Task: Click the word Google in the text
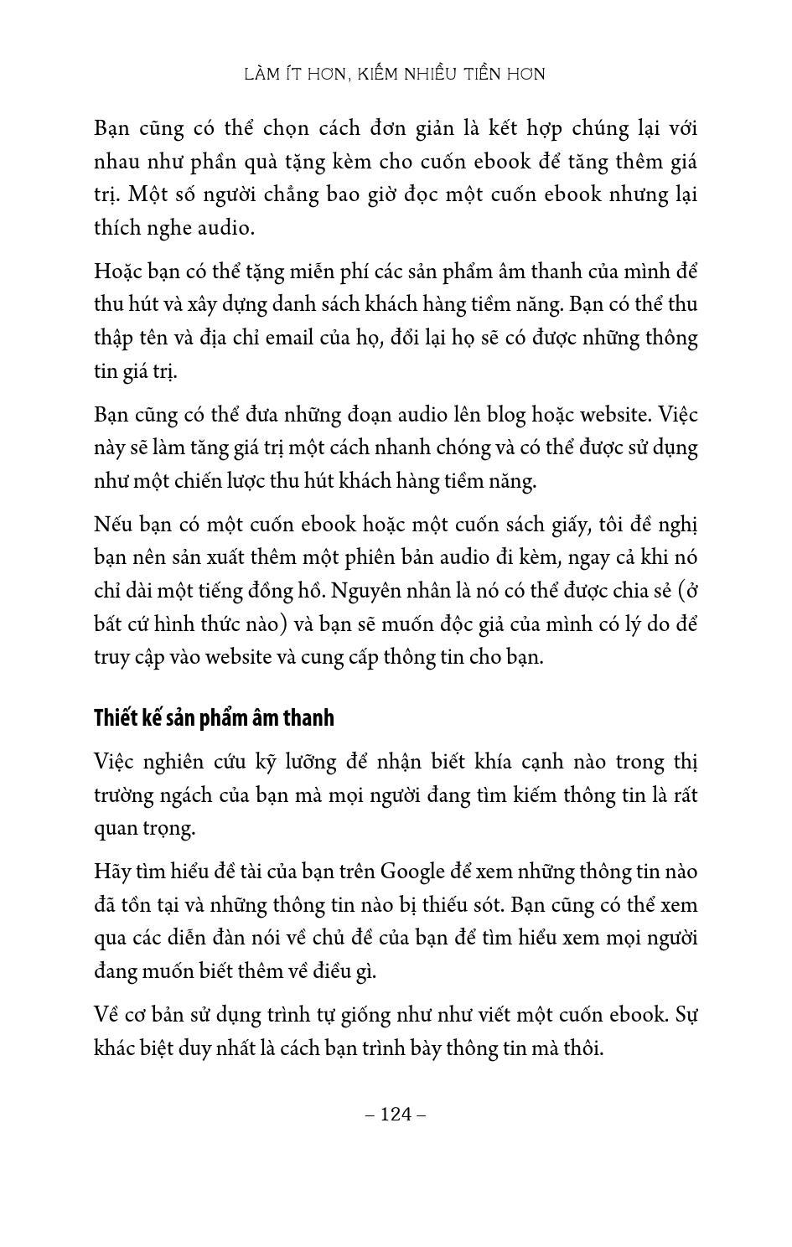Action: pyautogui.click(x=407, y=872)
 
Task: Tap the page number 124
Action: pyautogui.click(x=396, y=1114)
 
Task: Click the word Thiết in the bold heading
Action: pyautogui.click(x=115, y=718)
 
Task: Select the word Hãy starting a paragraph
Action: pyautogui.click(x=111, y=872)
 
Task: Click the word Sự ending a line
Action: pyautogui.click(x=686, y=1015)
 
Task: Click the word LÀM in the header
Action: pyautogui.click(x=261, y=75)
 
